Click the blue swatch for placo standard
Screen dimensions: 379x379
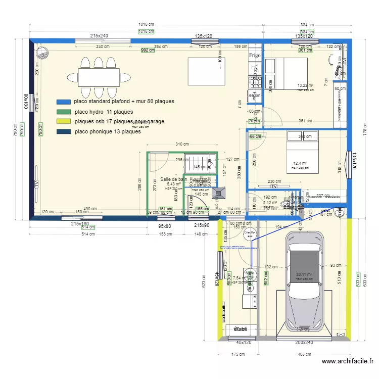click(x=64, y=102)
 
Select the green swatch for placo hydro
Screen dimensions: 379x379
click(x=64, y=112)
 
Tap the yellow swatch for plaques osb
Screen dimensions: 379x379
click(x=64, y=122)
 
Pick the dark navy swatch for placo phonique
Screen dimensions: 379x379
click(x=64, y=132)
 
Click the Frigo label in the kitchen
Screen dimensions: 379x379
click(x=254, y=55)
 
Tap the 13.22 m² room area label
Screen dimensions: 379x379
click(x=306, y=85)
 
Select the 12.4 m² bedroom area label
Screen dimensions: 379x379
click(x=300, y=164)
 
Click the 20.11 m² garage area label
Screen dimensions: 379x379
click(x=305, y=275)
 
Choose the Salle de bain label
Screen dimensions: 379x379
click(x=174, y=179)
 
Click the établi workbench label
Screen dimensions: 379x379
click(x=240, y=329)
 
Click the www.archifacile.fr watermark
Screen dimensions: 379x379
click(x=348, y=361)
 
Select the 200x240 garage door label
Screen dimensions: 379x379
click(x=304, y=343)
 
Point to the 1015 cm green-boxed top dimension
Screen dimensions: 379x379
click(x=147, y=32)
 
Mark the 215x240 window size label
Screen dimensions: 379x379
click(x=100, y=36)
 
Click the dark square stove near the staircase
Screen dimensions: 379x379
click(x=220, y=193)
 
